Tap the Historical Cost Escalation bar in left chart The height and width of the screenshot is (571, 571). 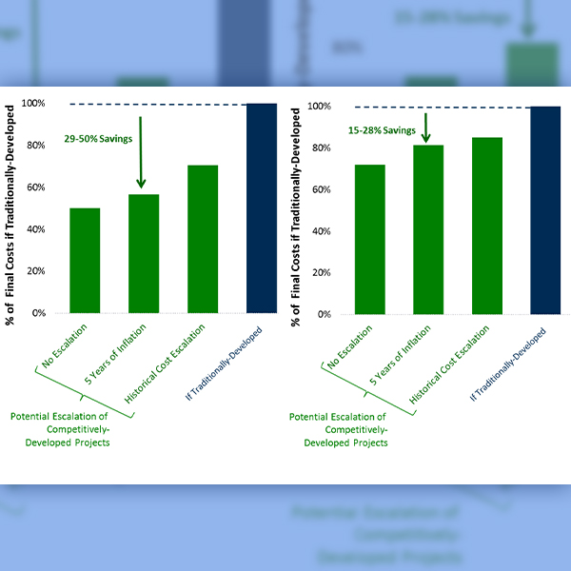pos(203,239)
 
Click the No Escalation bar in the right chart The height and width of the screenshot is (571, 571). pos(370,239)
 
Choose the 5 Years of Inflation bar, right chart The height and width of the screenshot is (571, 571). pos(429,229)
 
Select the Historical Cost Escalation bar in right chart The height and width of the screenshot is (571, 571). pos(488,226)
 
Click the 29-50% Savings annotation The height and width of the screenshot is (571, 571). pos(99,139)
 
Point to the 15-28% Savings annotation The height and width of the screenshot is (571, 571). pos(382,129)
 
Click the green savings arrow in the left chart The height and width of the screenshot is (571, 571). pos(140,152)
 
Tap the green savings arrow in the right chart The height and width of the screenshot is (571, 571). pos(426,128)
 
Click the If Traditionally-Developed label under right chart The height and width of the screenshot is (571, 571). pos(507,363)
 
